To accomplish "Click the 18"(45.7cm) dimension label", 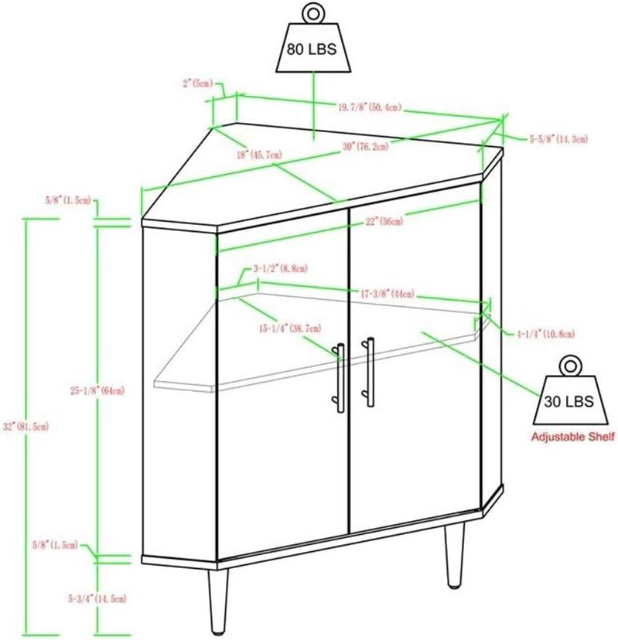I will tap(260, 155).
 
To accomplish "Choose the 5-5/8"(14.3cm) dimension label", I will tap(558, 139).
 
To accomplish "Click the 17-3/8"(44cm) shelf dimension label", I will tap(384, 294).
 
